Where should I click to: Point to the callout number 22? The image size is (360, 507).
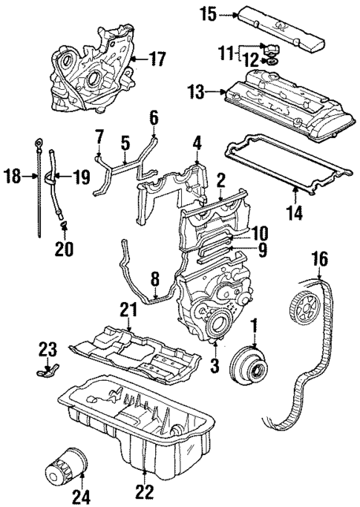(145, 491)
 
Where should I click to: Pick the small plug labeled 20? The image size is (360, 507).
(64, 223)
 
